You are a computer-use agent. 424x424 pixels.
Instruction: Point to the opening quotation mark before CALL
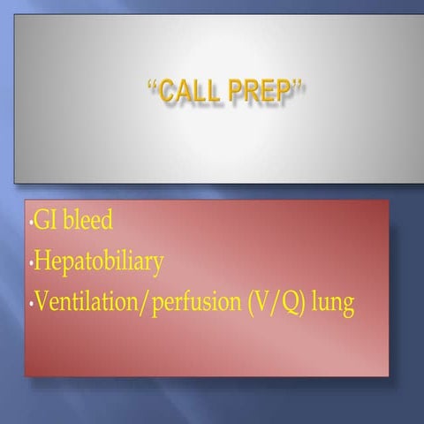coord(151,84)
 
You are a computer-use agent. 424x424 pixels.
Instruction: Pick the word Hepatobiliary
coord(98,262)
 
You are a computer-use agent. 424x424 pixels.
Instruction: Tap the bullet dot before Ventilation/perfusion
coord(29,307)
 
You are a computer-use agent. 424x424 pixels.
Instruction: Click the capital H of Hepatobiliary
coord(41,261)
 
